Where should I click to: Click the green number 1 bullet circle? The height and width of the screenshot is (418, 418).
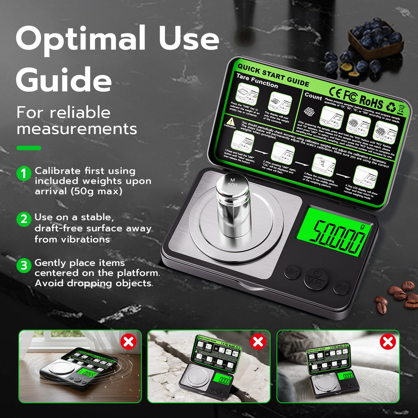pyautogui.click(x=24, y=173)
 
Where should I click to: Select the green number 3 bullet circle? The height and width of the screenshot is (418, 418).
pyautogui.click(x=24, y=265)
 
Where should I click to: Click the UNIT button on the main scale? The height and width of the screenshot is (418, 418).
pyautogui.click(x=292, y=273)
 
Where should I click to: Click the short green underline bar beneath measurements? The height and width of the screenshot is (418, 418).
pyautogui.click(x=29, y=148)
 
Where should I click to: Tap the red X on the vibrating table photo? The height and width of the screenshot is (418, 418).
pyautogui.click(x=128, y=341)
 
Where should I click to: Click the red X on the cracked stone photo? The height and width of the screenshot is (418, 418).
pyautogui.click(x=258, y=341)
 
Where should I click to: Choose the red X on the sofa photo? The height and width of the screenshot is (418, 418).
pyautogui.click(x=387, y=342)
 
